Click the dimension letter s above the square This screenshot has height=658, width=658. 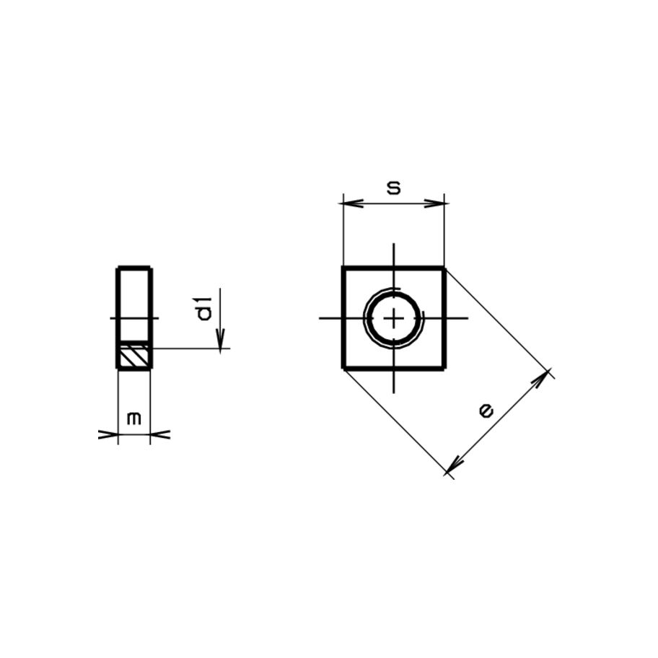[x=393, y=188]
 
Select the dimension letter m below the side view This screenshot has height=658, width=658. [x=133, y=418]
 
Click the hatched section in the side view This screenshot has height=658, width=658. [x=134, y=355]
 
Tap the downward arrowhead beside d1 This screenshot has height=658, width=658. [x=221, y=340]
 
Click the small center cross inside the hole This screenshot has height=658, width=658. [x=394, y=318]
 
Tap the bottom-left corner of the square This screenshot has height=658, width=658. [x=343, y=368]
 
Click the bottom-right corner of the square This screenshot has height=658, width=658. [x=444, y=368]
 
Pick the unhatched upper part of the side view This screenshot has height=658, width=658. [x=134, y=303]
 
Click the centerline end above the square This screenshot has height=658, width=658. [x=394, y=245]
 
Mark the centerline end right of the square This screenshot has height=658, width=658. [x=468, y=318]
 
